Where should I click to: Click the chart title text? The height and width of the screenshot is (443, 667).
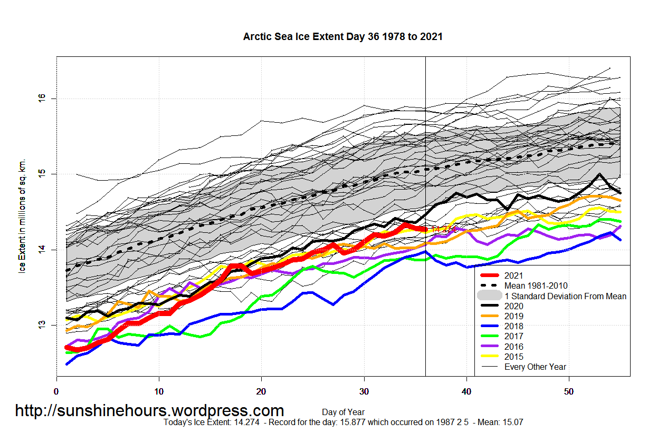[x=342, y=37]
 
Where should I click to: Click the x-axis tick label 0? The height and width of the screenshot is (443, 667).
[x=56, y=392]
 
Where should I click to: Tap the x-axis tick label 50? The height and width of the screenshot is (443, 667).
[x=569, y=392]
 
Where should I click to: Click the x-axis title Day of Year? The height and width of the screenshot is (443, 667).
[x=343, y=412]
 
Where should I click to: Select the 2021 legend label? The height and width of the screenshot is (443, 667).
[x=514, y=275]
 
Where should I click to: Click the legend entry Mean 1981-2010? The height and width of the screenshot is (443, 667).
[x=536, y=286]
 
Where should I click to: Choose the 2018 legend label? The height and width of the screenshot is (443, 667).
[x=514, y=326]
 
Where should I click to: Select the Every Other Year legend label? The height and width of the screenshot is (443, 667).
[x=535, y=367]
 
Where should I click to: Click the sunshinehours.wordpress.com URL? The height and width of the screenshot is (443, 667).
[x=149, y=411]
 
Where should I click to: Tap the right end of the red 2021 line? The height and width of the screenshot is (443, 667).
[x=425, y=229]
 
